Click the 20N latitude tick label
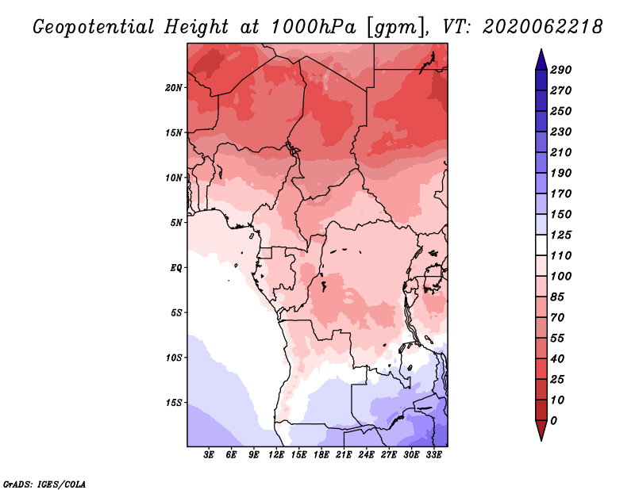(x=174, y=88)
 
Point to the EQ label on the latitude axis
(x=176, y=268)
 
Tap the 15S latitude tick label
(x=174, y=403)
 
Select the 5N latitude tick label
(x=176, y=223)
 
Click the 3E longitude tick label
(x=209, y=455)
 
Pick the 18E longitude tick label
(x=321, y=455)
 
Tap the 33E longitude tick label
(x=433, y=455)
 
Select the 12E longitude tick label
(x=276, y=455)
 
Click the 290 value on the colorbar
(x=561, y=70)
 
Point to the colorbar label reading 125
(x=561, y=235)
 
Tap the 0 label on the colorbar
(x=553, y=421)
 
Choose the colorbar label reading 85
(x=557, y=297)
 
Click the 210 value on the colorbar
(x=561, y=152)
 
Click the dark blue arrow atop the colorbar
(x=541, y=59)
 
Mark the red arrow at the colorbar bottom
(x=541, y=431)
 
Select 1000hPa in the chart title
(x=313, y=27)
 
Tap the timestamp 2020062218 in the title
(x=543, y=27)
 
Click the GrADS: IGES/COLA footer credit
(x=44, y=484)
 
